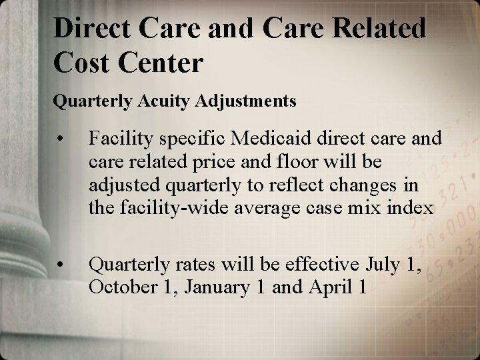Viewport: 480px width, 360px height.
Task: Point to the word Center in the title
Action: click(161, 63)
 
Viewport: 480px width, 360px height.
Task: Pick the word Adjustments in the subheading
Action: click(246, 101)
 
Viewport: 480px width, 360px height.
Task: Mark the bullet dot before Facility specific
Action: click(61, 139)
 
